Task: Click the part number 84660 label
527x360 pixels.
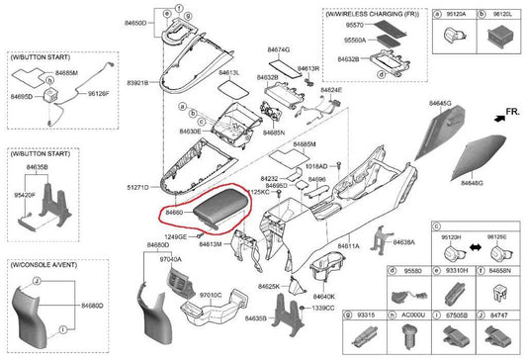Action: pos(175,212)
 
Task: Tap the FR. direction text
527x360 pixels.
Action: pos(510,115)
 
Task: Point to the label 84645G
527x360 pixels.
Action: pos(440,103)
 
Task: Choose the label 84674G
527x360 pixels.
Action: pos(279,48)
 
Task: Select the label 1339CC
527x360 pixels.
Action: pos(322,309)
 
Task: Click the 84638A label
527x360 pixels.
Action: pos(406,241)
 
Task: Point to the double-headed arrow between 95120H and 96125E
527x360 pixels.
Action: pos(477,243)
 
